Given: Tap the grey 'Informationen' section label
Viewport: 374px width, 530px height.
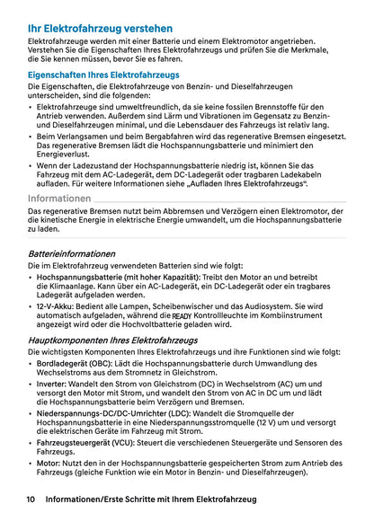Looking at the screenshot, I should point(59,197).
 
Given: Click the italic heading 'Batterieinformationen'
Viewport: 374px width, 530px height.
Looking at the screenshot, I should point(72,253).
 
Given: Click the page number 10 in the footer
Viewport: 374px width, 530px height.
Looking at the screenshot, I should point(31,499).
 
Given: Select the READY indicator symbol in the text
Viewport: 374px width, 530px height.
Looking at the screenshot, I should point(182,316).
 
